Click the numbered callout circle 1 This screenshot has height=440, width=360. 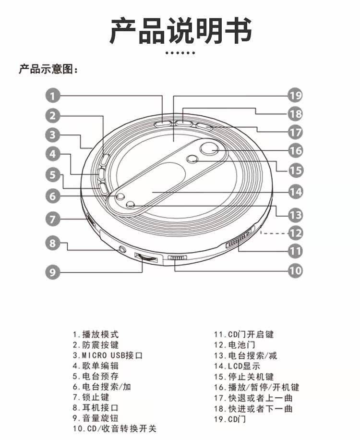tap(53, 96)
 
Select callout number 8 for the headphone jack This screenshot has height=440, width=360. tap(53, 243)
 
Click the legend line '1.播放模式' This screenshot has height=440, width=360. tap(95, 334)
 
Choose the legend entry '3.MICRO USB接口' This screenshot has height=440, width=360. tap(108, 355)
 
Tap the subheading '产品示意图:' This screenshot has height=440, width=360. tap(48, 70)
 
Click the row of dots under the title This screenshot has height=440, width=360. tap(180, 53)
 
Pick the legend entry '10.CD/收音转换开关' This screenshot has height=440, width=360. tap(114, 428)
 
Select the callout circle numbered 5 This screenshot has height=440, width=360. tap(53, 175)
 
